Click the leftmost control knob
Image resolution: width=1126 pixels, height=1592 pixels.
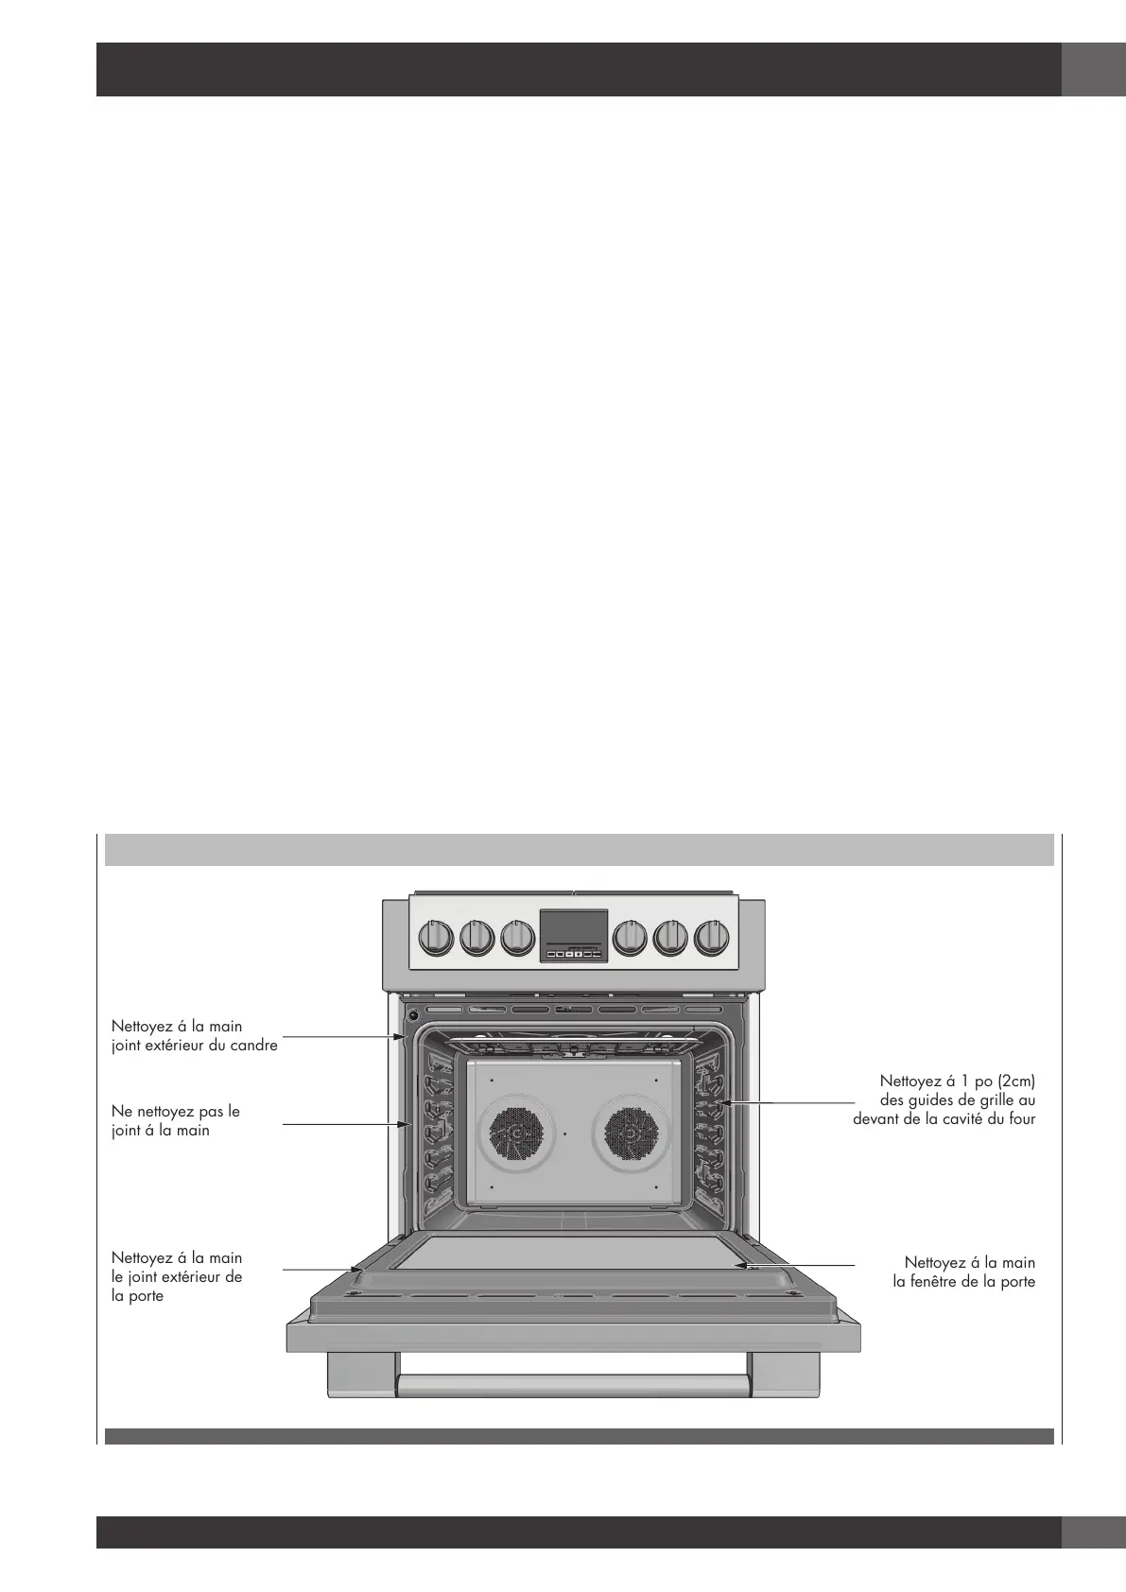(x=436, y=937)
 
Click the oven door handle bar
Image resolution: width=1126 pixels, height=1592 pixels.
(x=573, y=1387)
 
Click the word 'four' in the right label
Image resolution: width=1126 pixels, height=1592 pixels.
(x=1022, y=1118)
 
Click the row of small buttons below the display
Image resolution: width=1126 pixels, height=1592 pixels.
(x=573, y=955)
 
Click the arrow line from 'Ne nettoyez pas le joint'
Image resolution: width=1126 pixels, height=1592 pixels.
(x=345, y=1125)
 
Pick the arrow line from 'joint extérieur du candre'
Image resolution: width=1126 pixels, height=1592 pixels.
(x=340, y=1037)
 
